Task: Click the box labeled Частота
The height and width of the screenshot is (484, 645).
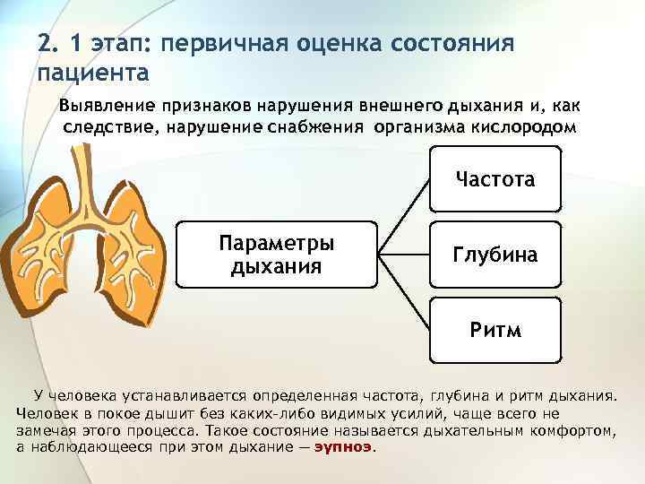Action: pyautogui.click(x=494, y=180)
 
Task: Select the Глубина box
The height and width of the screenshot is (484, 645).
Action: pyautogui.click(x=494, y=255)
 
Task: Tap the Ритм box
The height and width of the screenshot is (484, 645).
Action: pyautogui.click(x=494, y=329)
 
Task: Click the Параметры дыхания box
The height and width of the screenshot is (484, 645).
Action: pyautogui.click(x=277, y=255)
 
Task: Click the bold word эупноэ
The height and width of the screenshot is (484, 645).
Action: pyautogui.click(x=341, y=445)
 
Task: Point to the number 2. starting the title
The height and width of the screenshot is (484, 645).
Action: pyautogui.click(x=48, y=43)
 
